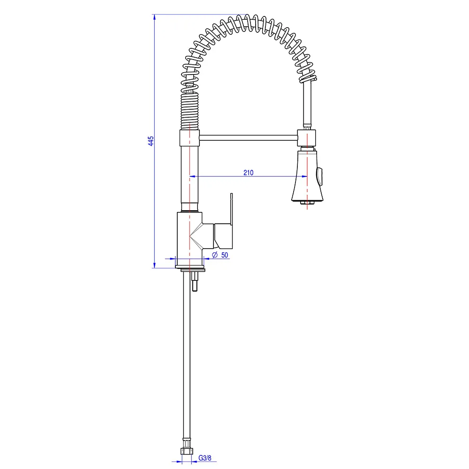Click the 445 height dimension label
(x=151, y=141)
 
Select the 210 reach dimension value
(x=248, y=173)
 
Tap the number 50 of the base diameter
(x=224, y=255)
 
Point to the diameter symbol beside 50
(x=215, y=255)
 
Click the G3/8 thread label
(x=205, y=458)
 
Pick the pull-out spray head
(x=308, y=176)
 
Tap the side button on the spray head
(x=319, y=177)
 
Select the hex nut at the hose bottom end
(x=187, y=451)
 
